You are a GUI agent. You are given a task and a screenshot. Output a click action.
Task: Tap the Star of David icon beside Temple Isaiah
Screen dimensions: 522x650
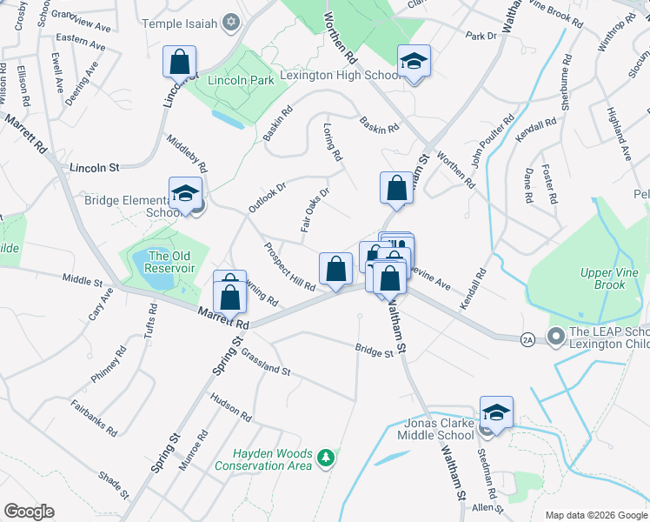pos(230,21)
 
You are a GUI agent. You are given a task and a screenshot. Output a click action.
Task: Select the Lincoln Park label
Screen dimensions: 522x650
pos(242,80)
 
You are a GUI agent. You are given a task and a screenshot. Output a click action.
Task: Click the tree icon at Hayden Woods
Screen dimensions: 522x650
pos(326,457)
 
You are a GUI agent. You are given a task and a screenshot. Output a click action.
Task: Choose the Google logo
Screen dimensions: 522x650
pos(29,511)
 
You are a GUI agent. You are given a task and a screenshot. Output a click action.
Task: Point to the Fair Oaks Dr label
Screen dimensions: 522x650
pos(315,212)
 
